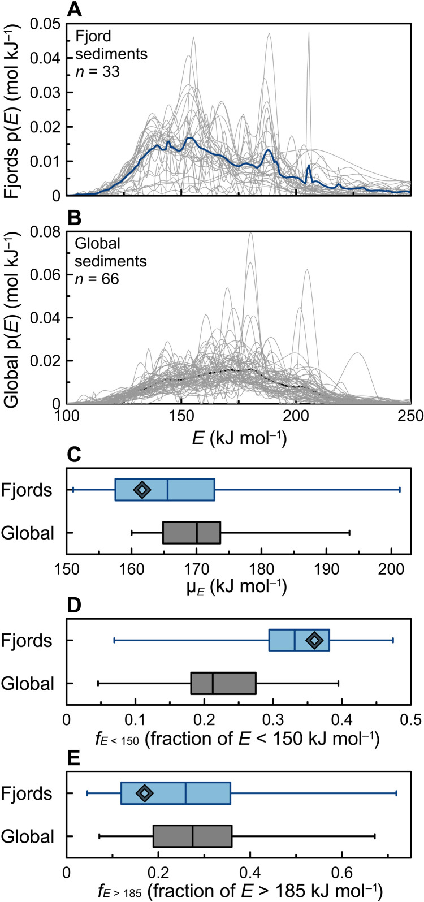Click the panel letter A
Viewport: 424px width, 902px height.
click(73, 10)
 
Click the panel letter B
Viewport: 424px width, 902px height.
click(73, 217)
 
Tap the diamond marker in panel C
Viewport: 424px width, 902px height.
click(142, 490)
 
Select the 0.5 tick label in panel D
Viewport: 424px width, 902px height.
click(410, 720)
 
